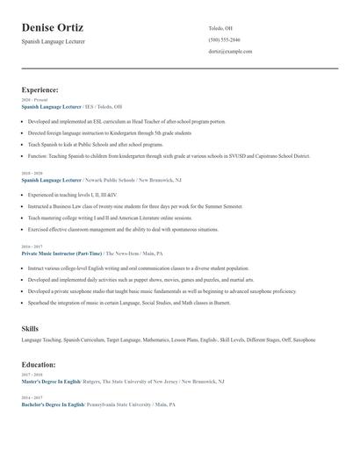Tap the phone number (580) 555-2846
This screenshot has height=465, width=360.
[x=224, y=40]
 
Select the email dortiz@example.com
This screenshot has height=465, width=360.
[x=230, y=52]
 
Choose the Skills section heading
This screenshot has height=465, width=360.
[x=30, y=328]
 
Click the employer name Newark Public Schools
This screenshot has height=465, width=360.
[x=113, y=179]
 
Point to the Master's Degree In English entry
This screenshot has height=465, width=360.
[x=51, y=382]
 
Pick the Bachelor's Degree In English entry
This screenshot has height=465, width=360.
[x=52, y=404]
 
